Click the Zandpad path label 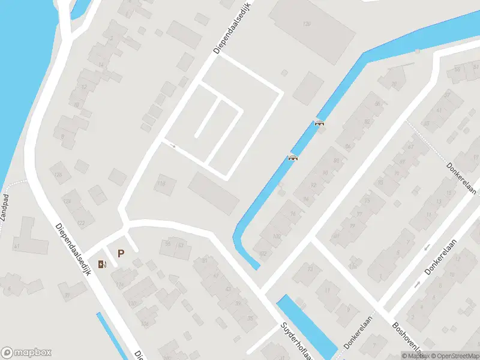5,207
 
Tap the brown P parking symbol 121,254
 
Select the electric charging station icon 103,263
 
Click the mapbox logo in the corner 26,352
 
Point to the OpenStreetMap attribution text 454,356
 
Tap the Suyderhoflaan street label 295,339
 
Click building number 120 307,24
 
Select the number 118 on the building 160,184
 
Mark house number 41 17,247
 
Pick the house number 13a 353,265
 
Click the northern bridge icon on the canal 319,123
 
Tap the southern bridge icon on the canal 293,158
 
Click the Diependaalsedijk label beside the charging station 73,250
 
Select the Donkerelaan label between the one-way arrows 441,257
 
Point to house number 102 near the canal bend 262,253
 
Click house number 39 67,295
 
